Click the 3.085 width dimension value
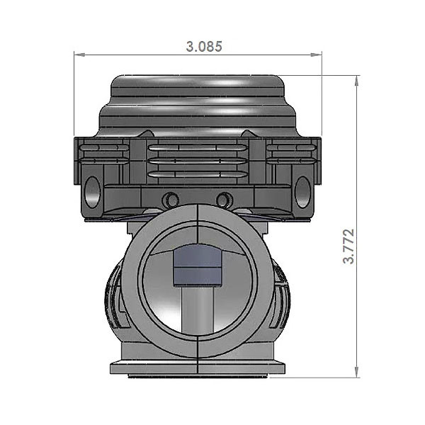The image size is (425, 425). (x=204, y=47)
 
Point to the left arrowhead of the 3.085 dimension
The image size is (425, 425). (x=79, y=53)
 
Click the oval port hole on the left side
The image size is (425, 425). (x=91, y=191)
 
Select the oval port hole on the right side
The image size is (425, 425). (x=302, y=191)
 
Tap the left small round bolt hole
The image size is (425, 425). (x=170, y=199)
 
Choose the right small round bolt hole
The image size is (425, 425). (x=224, y=199)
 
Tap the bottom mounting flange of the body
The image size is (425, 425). (x=198, y=368)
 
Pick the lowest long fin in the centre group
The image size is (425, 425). (x=198, y=174)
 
